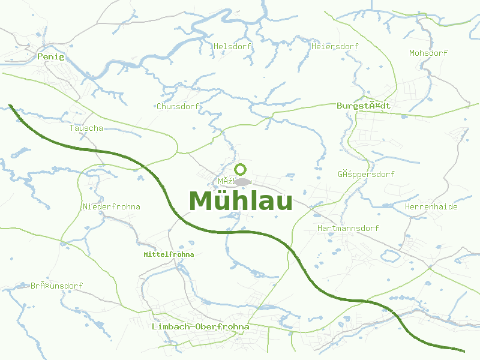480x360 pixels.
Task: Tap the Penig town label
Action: coord(50,56)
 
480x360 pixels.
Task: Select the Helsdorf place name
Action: coord(231,46)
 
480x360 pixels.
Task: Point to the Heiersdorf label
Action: coord(335,46)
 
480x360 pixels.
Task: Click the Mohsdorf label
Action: coord(428,53)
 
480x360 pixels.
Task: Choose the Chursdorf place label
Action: coord(178,106)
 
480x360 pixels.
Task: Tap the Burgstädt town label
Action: coord(364,106)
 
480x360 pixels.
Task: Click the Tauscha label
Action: coord(86,128)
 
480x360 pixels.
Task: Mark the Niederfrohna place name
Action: coord(112,206)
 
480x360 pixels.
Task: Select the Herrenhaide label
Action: coord(431,206)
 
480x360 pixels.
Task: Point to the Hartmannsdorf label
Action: coord(348,228)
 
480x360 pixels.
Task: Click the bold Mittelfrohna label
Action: coord(169,254)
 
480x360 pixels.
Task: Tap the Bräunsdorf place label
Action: coord(57,286)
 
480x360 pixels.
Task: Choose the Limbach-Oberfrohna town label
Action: coord(200,326)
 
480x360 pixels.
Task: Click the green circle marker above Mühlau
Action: coord(241,169)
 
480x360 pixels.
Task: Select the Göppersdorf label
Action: coord(366,175)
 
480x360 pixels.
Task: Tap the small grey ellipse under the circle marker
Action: coord(242,182)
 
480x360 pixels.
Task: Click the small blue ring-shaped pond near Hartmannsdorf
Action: coord(389,256)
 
